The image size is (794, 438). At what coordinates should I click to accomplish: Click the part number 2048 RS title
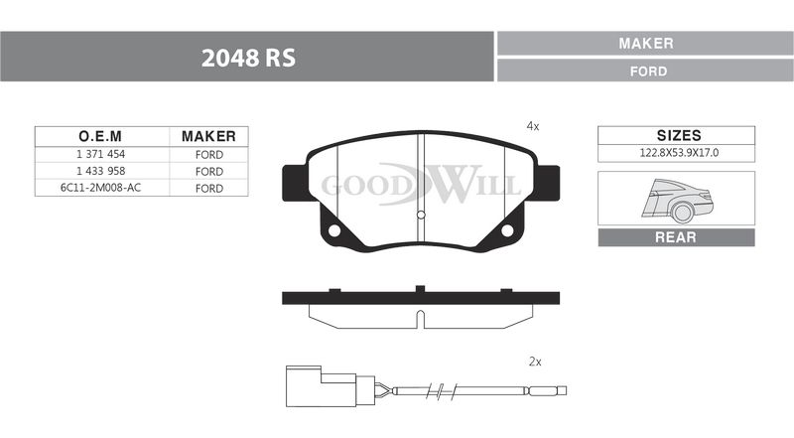tap(248, 58)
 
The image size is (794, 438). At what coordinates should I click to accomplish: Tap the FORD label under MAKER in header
tap(648, 72)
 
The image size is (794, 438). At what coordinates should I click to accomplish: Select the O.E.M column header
tap(100, 136)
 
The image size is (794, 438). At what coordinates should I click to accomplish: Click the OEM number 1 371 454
tap(101, 154)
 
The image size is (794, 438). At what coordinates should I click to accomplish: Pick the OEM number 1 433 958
tap(101, 172)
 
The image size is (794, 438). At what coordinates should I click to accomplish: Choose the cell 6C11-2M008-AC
tap(101, 188)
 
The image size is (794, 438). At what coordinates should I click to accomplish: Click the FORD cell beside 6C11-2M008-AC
tap(209, 188)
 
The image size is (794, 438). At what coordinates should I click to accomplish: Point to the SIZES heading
tap(679, 135)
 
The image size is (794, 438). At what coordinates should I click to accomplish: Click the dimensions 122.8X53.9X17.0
tap(679, 153)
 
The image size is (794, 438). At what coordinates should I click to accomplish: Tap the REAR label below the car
tap(676, 237)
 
